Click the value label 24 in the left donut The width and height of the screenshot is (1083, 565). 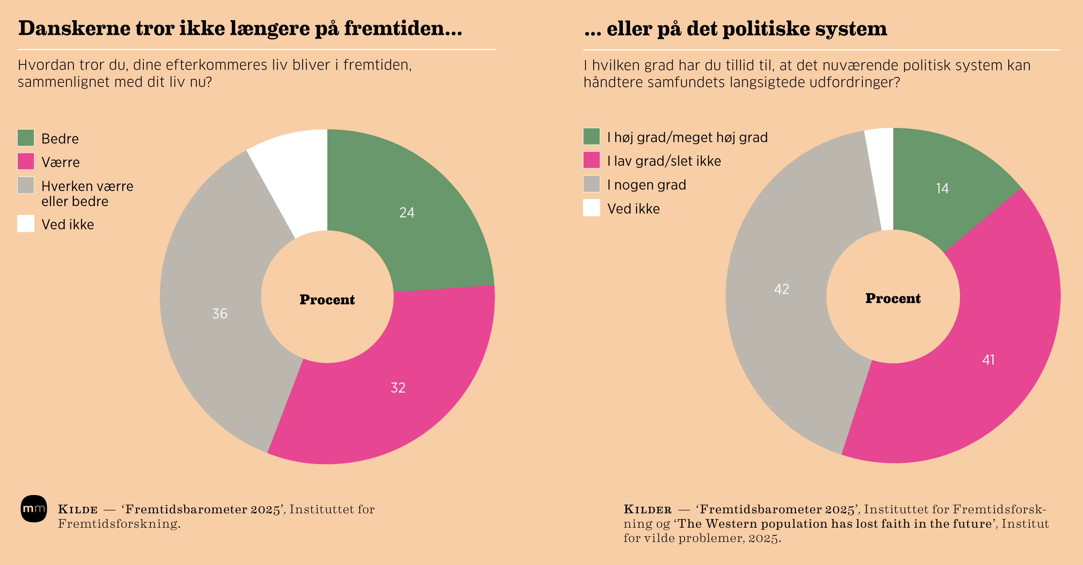tap(407, 213)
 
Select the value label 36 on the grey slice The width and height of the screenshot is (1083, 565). tap(220, 313)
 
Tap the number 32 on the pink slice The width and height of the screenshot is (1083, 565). tap(398, 388)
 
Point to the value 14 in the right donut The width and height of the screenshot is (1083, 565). tap(942, 188)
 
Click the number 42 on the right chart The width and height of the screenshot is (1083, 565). tap(781, 289)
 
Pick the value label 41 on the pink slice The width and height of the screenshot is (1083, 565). tap(988, 360)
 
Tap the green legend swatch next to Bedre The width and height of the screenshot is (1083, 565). tap(26, 138)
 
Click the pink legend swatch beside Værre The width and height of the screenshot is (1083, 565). tap(26, 161)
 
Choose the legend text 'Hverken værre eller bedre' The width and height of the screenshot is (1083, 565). tap(87, 194)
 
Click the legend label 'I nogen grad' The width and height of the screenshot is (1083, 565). tap(646, 185)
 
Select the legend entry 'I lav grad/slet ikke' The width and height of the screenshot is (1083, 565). tap(664, 161)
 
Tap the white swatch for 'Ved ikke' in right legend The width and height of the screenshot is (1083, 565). tap(592, 208)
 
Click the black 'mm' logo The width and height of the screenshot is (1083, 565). tap(34, 509)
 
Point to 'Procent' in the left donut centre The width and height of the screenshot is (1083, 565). tap(327, 300)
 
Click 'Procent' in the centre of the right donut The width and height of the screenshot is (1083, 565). tap(893, 298)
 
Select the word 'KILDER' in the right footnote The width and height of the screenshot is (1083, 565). tap(647, 510)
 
